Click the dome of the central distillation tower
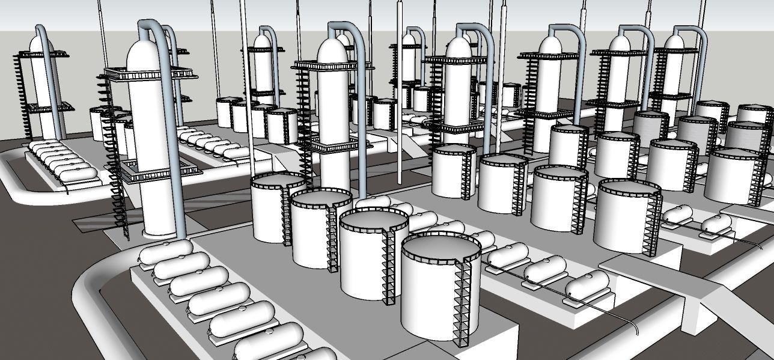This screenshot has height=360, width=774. (332, 51)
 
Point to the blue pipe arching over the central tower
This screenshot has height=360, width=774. (355, 36)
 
